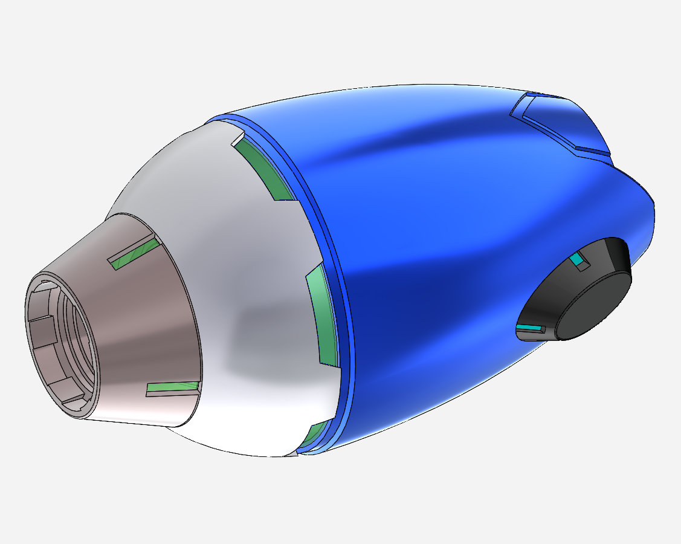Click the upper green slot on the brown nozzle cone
point(134,252)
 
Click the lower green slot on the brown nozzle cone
point(173,389)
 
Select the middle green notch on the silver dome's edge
point(324,320)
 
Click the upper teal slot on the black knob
point(579,259)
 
